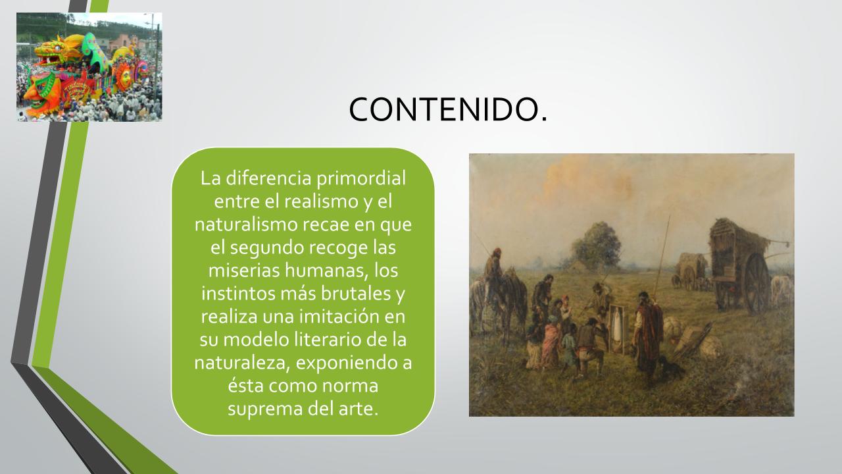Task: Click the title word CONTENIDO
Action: tap(448, 109)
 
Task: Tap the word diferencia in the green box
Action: tap(268, 178)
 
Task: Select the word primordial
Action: tap(361, 178)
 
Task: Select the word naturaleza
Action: tap(242, 363)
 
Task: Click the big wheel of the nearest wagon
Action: tap(756, 283)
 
